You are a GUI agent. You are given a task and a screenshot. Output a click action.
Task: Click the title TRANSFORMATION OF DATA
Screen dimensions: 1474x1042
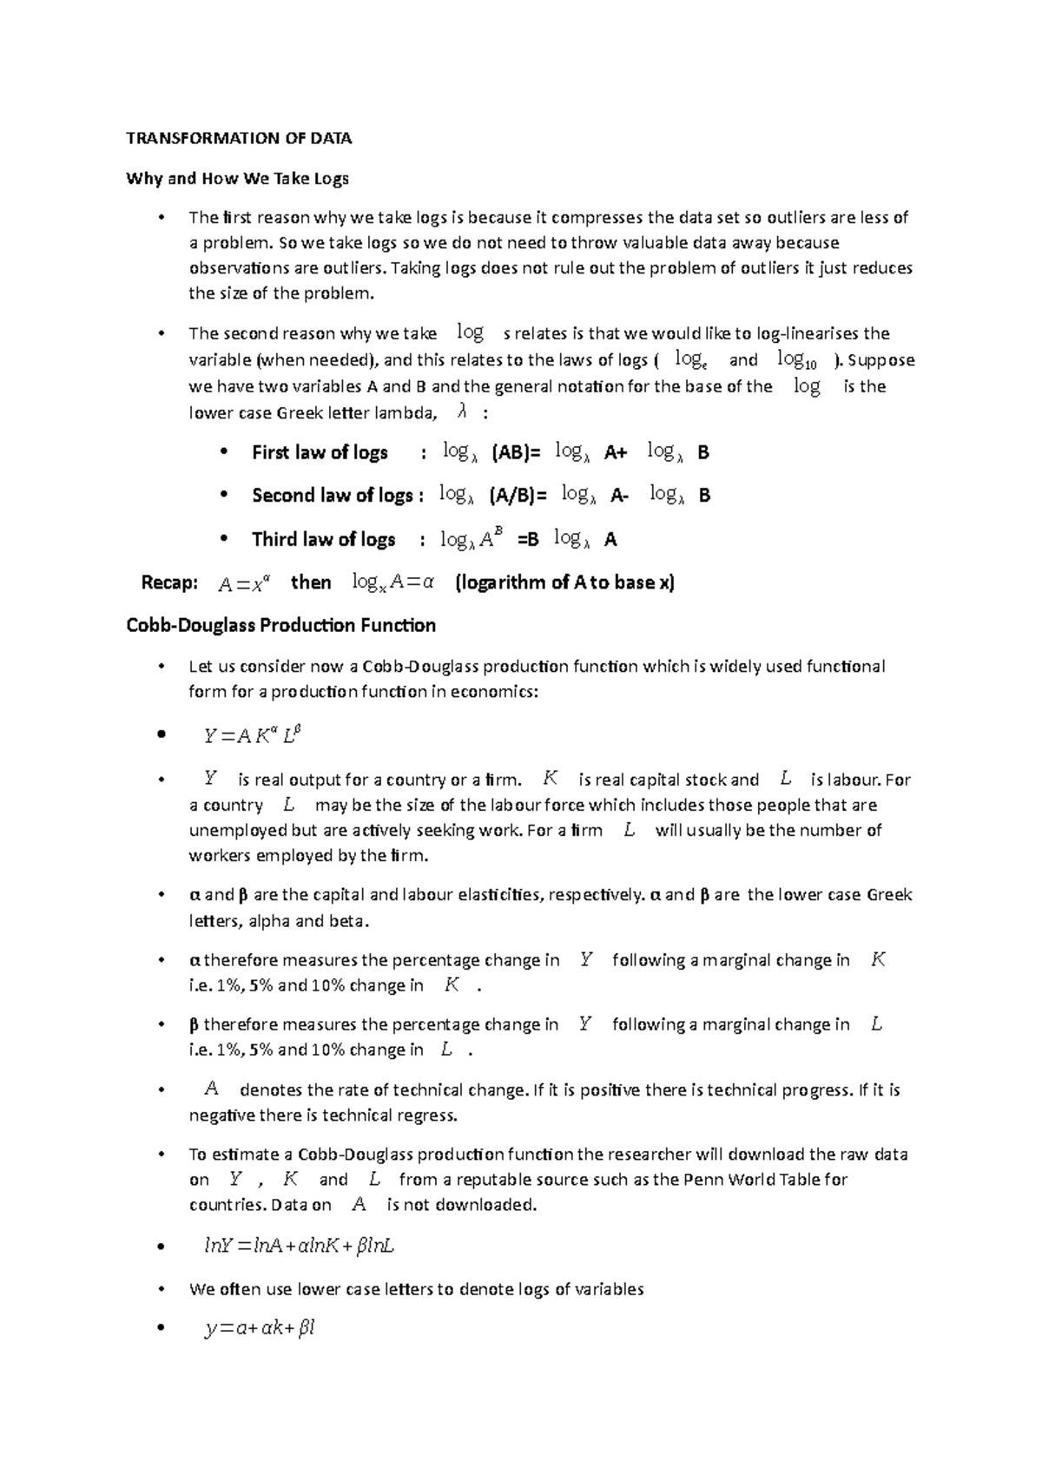[239, 138]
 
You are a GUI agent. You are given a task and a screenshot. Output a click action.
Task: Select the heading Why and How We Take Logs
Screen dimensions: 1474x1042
[237, 179]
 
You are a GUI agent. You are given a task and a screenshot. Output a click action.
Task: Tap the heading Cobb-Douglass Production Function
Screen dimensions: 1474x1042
[280, 625]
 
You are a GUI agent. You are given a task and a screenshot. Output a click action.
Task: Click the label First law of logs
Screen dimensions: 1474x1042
[320, 452]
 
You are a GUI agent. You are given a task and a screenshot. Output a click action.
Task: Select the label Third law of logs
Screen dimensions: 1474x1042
[323, 539]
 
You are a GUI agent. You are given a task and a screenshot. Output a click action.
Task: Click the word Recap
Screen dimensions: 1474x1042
[169, 582]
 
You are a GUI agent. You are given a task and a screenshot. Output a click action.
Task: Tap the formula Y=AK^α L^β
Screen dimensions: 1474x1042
[252, 736]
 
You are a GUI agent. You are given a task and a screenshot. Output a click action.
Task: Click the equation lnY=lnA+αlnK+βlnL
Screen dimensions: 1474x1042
[299, 1246]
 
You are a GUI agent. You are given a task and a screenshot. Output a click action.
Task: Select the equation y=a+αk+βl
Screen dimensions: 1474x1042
[259, 1328]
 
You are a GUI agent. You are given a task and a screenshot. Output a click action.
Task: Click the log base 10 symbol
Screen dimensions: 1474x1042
[797, 359]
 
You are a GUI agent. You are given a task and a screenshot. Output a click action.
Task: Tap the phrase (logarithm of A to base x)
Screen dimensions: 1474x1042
[564, 582]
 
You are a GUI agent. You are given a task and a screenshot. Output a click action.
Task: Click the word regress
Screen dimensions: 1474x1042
[426, 1115]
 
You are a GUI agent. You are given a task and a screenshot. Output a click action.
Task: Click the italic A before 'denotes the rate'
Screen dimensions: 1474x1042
[211, 1089]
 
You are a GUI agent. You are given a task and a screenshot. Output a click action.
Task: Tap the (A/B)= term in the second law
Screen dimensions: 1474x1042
[518, 495]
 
